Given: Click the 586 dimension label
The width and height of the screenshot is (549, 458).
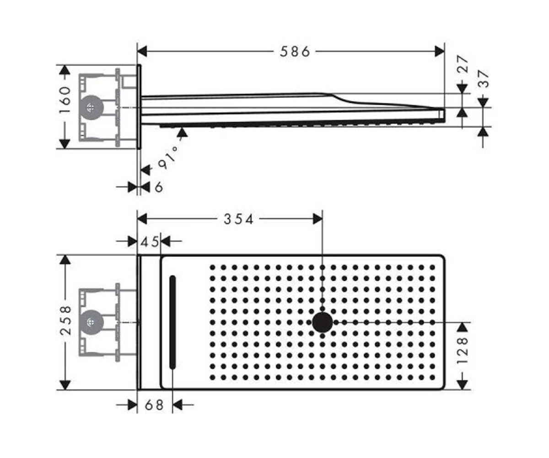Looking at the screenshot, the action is coord(295,51).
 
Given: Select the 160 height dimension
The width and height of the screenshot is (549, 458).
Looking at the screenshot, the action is coord(65,100).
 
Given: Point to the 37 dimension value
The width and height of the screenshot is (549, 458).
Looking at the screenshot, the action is coord(483,78).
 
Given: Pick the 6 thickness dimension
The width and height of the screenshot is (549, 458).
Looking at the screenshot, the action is coord(159,187).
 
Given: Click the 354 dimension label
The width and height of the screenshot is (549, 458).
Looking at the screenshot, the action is coord(238,219).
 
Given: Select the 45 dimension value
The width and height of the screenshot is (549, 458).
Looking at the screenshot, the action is coord(150,242).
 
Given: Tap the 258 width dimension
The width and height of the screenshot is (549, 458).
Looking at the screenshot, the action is coord(65,320).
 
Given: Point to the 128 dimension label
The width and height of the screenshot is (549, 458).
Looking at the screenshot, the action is coord(463,351).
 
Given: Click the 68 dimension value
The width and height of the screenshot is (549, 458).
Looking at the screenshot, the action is coord(154,405).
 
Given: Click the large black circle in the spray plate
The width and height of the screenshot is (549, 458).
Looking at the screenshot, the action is coord(323,322).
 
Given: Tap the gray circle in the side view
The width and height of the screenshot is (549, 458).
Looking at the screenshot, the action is coord(91,107).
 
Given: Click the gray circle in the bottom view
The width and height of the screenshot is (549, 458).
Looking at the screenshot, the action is coord(91,322).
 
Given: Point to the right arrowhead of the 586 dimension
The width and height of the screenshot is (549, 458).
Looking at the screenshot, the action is coord(440,51).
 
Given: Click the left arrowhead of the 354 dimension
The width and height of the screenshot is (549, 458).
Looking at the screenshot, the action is coord(142,219).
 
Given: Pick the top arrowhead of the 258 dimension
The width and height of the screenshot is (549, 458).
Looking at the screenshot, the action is coord(65,260).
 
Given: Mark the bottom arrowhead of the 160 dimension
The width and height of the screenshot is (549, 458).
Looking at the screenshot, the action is coord(65,144).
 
